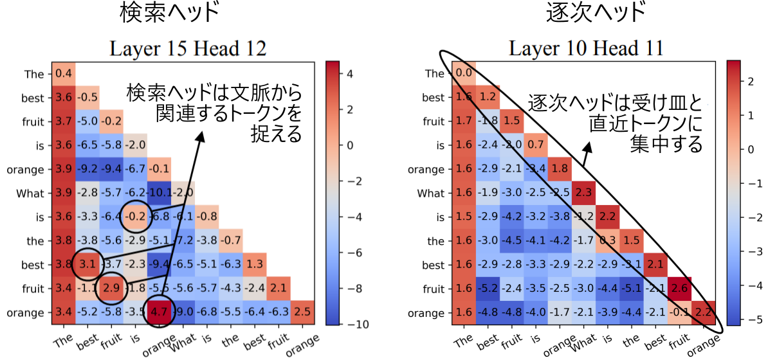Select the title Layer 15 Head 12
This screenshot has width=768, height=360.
click(x=187, y=48)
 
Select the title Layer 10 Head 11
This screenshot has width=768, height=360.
click(x=587, y=48)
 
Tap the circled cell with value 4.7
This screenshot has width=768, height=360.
click(x=158, y=313)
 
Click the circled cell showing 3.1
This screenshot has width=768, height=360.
click(x=87, y=265)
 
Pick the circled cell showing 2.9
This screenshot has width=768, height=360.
click(x=111, y=289)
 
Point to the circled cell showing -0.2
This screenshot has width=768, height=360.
click(x=134, y=217)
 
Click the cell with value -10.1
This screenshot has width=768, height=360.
click(x=158, y=194)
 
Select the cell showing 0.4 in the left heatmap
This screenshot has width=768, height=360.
click(x=63, y=74)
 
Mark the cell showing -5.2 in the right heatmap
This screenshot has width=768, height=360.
click(x=488, y=289)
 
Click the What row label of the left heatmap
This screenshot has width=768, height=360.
click(x=35, y=194)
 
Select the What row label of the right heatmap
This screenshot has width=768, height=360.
click(x=430, y=193)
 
